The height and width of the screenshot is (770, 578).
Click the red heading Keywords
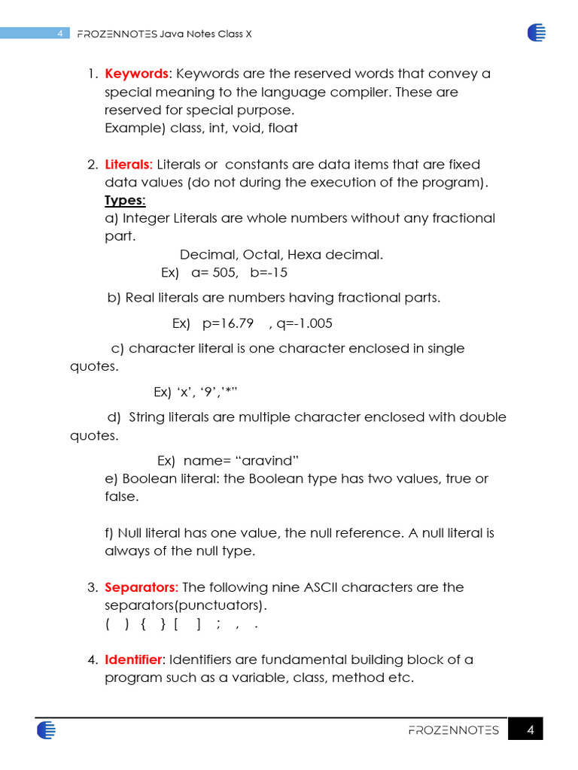click(x=136, y=74)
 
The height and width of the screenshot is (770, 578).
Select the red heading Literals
click(x=128, y=164)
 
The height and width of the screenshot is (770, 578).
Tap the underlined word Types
click(x=125, y=200)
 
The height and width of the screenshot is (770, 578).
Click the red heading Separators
click(x=141, y=587)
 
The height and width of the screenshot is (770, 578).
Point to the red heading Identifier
click(x=133, y=659)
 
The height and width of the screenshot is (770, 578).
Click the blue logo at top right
click(x=537, y=32)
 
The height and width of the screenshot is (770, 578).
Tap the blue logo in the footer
click(x=46, y=730)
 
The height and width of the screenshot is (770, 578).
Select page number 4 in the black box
click(x=530, y=730)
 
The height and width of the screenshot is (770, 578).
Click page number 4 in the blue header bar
click(x=59, y=34)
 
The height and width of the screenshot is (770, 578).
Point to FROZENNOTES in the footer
click(x=453, y=730)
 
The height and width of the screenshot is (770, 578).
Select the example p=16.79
click(x=228, y=323)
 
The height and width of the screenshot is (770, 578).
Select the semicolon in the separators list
click(x=218, y=624)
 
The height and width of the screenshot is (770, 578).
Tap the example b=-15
click(x=269, y=272)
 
